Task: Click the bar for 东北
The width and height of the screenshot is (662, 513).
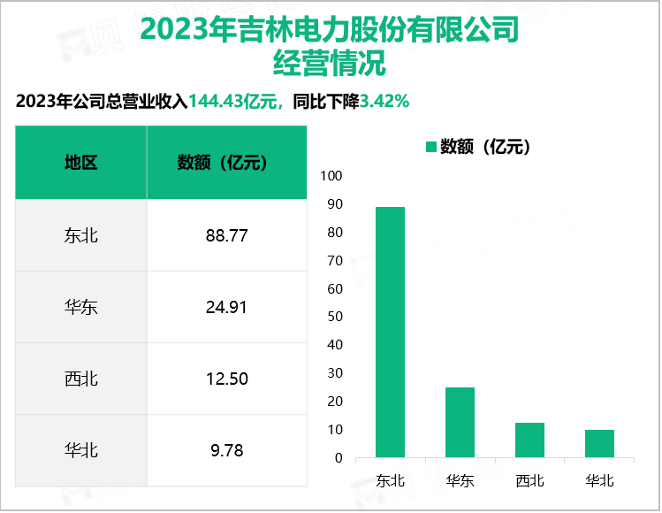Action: pyautogui.click(x=390, y=333)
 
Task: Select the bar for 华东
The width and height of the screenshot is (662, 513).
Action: pyautogui.click(x=460, y=423)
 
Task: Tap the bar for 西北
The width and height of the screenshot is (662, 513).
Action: pyautogui.click(x=530, y=440)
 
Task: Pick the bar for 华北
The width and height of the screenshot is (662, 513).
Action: pyautogui.click(x=600, y=444)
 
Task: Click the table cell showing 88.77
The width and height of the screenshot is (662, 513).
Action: pyautogui.click(x=226, y=235)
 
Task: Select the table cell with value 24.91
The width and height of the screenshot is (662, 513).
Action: pyautogui.click(x=226, y=307)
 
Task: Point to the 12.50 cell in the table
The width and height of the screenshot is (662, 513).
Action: pyautogui.click(x=226, y=379)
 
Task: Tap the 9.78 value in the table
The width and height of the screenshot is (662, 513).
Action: pyautogui.click(x=226, y=450)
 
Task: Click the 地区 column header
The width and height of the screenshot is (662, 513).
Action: pyautogui.click(x=81, y=163)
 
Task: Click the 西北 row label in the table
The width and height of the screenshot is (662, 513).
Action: pyautogui.click(x=81, y=379)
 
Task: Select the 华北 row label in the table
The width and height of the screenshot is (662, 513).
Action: pyautogui.click(x=81, y=450)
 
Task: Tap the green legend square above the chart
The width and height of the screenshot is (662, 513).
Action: pyautogui.click(x=431, y=147)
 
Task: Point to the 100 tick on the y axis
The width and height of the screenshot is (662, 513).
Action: pyautogui.click(x=331, y=176)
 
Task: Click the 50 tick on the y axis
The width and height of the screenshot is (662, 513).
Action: pyautogui.click(x=334, y=317)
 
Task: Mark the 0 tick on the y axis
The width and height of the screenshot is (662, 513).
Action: pyautogui.click(x=338, y=458)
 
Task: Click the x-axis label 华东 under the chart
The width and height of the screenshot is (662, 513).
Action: pyautogui.click(x=460, y=481)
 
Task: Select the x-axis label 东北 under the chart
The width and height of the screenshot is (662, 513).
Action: pyautogui.click(x=390, y=481)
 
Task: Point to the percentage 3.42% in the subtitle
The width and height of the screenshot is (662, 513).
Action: pyautogui.click(x=383, y=102)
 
